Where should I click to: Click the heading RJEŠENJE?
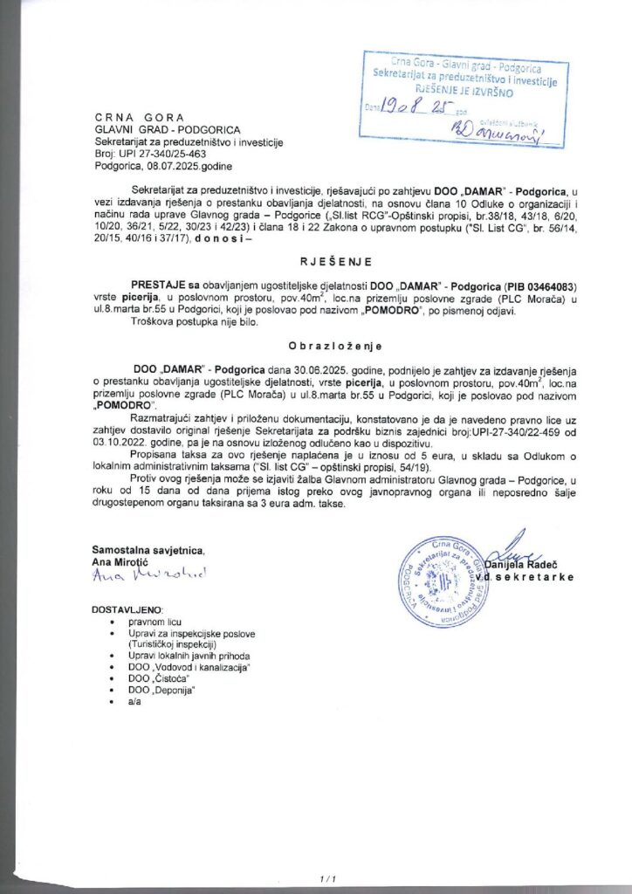coord(317,260)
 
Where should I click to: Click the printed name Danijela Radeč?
coord(521,567)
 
